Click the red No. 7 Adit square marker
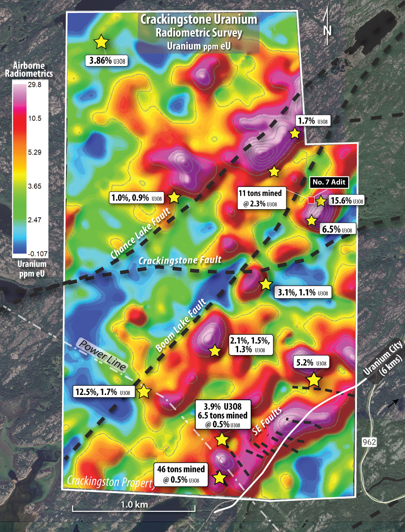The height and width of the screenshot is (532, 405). coord(311,200)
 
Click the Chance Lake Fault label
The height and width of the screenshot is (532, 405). coord(141,234)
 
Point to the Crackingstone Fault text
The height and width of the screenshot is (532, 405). coord(180,260)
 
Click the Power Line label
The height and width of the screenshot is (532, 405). coord(102,355)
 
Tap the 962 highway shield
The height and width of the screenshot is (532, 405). coord(369,442)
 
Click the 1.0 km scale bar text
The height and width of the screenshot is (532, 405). coord(134,504)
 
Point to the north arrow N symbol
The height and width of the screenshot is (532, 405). coord(327,30)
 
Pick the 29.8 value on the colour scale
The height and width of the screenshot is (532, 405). coord(35,85)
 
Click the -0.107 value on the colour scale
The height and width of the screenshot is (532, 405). coord(38,254)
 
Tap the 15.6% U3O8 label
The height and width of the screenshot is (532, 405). coord(347,200)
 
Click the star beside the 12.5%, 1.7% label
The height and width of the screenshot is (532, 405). coord(144,392)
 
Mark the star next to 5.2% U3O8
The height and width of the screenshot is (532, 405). coord(313,380)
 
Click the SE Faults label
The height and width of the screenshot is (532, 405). coord(267,421)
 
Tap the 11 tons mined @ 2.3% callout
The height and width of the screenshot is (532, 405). coord(260,198)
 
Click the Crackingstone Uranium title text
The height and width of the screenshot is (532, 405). coord(199,19)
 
